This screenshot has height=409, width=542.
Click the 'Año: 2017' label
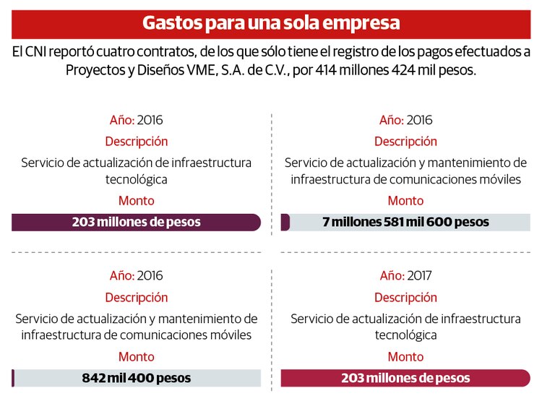(405, 275)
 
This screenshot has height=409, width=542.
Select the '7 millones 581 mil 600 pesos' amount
(405, 222)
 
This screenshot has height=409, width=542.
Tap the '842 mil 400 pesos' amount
(136, 378)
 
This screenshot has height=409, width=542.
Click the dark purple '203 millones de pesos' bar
(136, 222)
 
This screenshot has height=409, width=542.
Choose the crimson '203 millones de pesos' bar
(405, 378)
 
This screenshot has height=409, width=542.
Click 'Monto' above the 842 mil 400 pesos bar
(136, 356)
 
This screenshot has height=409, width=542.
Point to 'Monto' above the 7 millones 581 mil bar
(405, 200)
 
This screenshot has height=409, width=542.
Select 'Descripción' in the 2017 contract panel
(405, 298)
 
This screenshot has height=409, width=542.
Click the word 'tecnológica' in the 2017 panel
(405, 335)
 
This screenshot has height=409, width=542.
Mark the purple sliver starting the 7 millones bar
(285, 222)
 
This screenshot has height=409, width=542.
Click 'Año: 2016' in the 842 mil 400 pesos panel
(136, 275)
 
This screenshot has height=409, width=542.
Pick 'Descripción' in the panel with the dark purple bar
(136, 142)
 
